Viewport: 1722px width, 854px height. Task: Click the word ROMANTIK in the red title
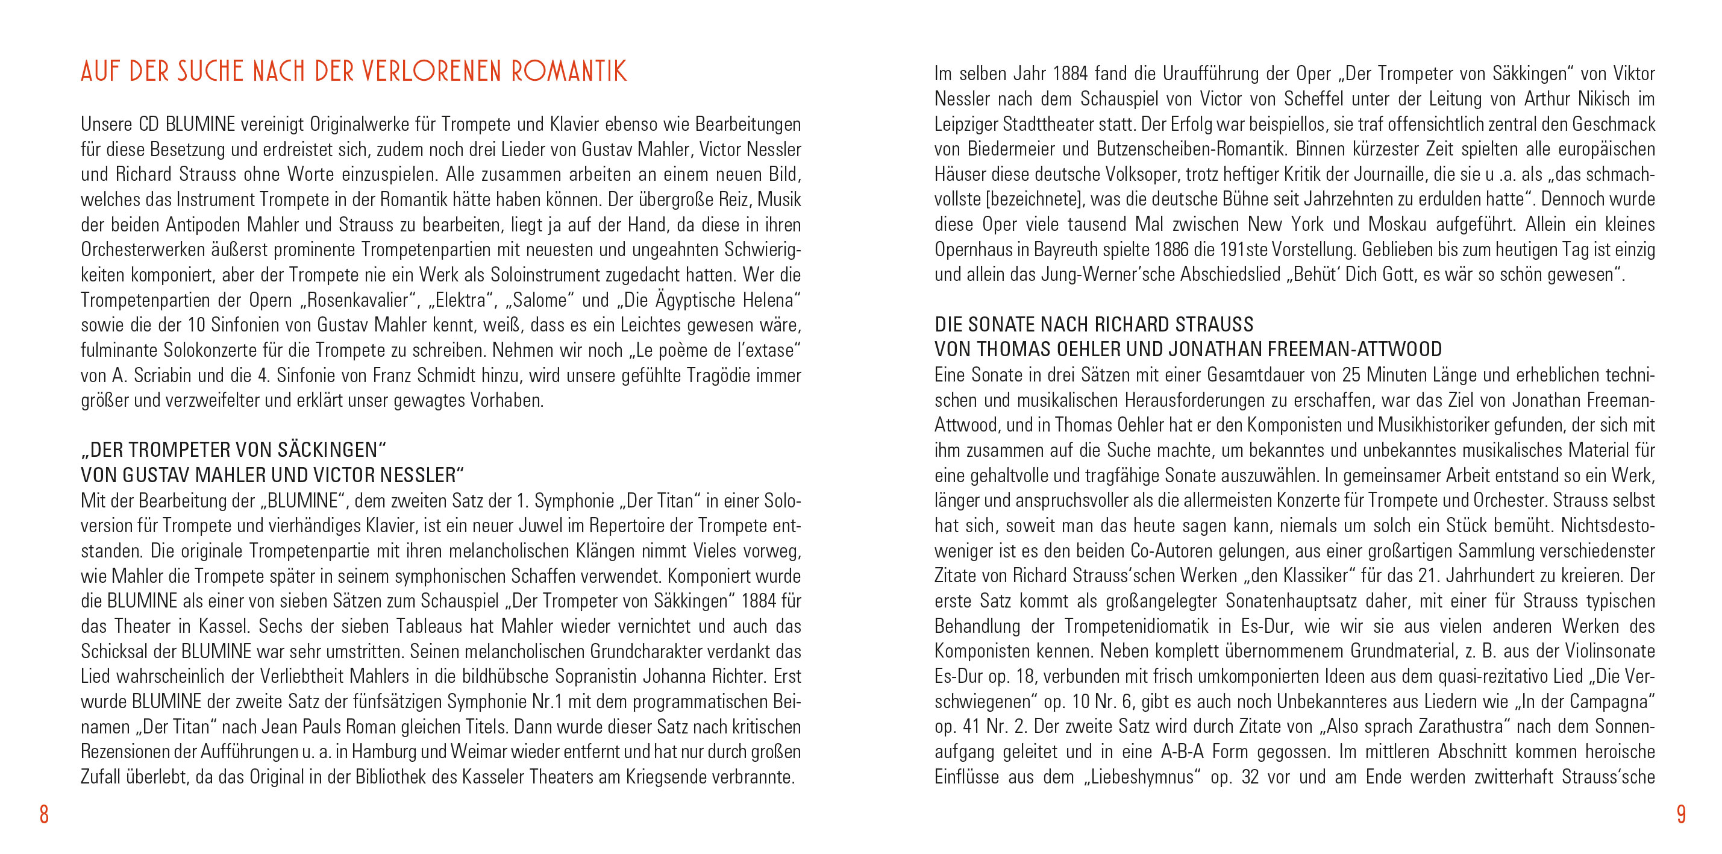coord(569,72)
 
